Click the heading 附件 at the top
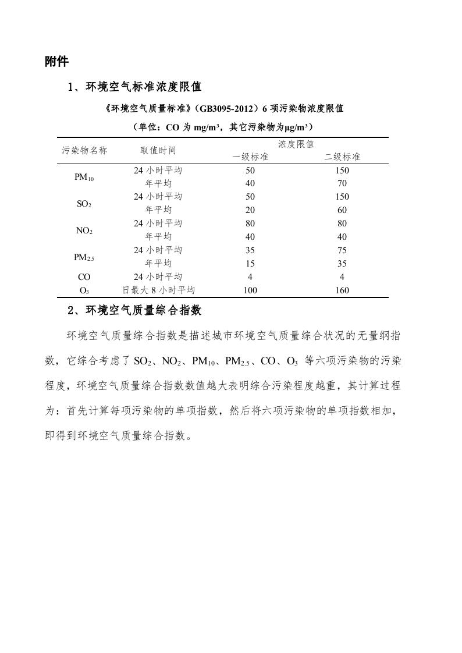56,62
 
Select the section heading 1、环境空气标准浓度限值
134,87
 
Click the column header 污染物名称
84,150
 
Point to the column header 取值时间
158,150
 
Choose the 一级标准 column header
250,157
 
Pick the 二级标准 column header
342,157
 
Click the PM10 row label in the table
84,178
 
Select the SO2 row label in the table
84,204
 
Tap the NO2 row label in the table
84,231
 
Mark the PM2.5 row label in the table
84,257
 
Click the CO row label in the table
84,277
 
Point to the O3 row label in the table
84,290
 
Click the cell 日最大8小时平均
158,290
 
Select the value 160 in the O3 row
342,290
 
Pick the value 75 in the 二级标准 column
342,250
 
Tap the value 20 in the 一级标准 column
250,210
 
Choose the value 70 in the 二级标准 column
342,184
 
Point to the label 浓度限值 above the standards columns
296,144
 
